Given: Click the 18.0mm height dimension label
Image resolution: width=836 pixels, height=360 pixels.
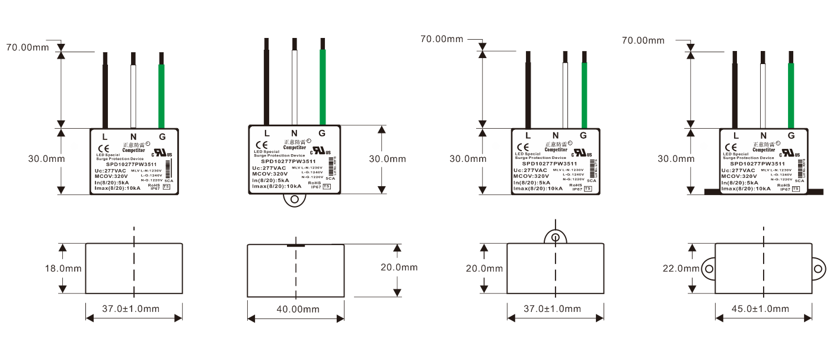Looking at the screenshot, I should (63, 269).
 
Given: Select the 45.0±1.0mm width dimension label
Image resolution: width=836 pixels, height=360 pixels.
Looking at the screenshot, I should (763, 309).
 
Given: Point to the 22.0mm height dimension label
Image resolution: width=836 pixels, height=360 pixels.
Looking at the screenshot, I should (681, 269).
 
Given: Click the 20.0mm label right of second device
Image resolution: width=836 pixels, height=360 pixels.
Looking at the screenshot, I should (399, 267).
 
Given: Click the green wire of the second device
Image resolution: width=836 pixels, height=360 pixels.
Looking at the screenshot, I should (323, 83).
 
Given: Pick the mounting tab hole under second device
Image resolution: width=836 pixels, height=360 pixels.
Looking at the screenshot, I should (294, 199).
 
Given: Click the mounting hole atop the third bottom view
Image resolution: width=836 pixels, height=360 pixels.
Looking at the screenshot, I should (555, 237).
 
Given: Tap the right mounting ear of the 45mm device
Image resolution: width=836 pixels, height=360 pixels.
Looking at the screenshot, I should (818, 269).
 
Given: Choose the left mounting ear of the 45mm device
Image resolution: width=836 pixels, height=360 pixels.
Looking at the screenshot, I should (709, 269).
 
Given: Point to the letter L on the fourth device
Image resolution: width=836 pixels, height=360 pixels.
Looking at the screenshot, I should (736, 135).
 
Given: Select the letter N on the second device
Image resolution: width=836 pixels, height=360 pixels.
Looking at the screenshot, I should (294, 133).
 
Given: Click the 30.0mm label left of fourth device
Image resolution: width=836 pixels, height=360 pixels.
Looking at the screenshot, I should (677, 158).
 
